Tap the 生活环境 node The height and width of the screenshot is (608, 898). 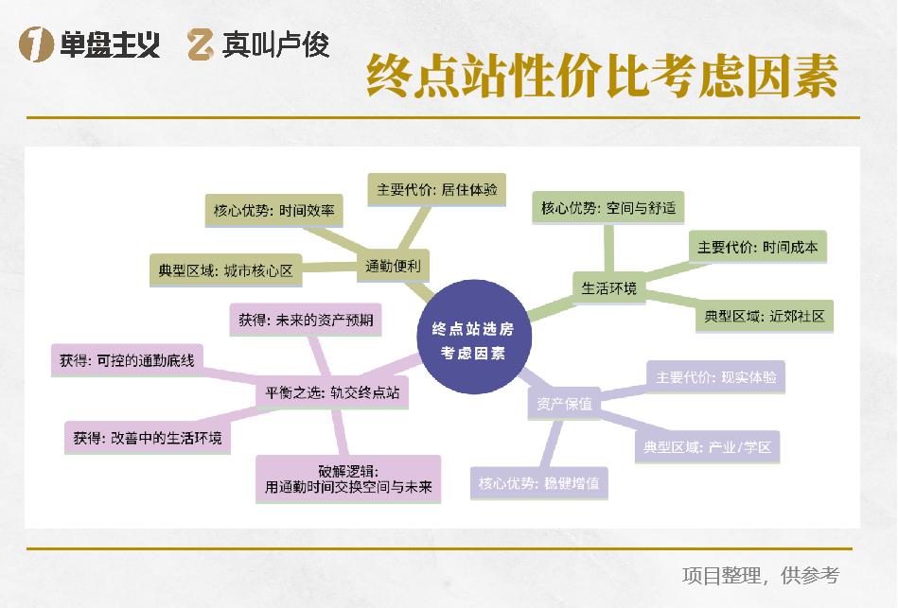click(608, 288)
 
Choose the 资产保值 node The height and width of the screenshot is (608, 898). click(564, 405)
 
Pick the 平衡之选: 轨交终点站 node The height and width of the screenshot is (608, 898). click(331, 391)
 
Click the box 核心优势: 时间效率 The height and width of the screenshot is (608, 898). click(273, 211)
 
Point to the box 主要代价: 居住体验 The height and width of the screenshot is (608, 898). click(436, 189)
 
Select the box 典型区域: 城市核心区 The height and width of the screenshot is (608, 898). click(225, 270)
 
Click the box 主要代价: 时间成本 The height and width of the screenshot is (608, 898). click(757, 247)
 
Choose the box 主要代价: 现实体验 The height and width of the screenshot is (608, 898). click(715, 376)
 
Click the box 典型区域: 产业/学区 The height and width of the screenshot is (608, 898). click(707, 446)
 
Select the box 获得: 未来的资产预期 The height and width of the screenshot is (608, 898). click(305, 320)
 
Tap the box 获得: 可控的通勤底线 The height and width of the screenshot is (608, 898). click(126, 360)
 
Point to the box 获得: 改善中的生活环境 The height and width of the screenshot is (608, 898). click(147, 438)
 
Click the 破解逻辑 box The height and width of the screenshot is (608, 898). click(348, 479)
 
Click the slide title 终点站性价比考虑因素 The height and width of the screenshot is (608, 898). click(602, 75)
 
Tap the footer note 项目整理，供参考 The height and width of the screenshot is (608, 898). click(760, 575)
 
